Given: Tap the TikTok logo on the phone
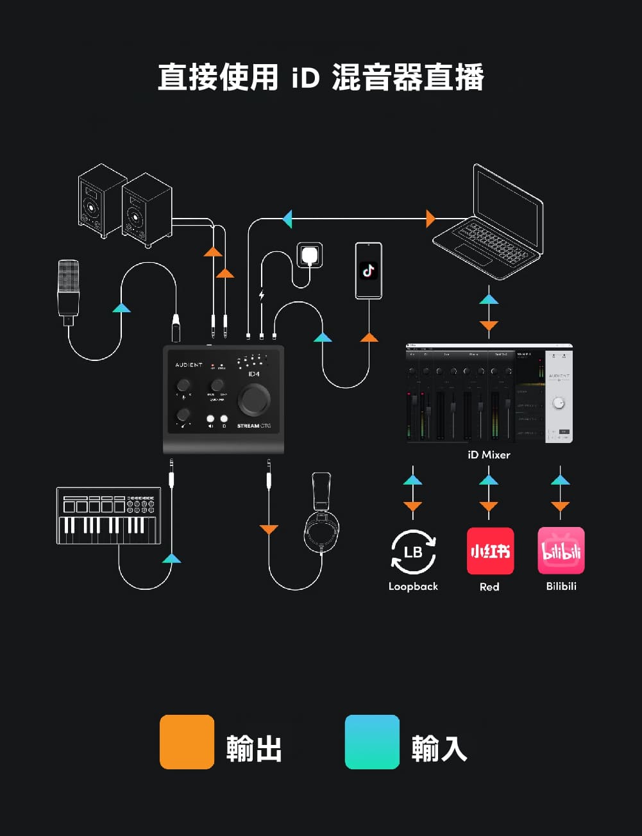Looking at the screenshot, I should tap(368, 270).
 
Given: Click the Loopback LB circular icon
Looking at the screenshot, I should tap(413, 551).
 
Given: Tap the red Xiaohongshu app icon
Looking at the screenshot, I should tap(490, 551).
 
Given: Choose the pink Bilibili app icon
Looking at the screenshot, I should tap(561, 551).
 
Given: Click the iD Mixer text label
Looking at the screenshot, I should tap(489, 455).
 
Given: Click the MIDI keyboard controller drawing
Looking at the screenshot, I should tap(108, 515).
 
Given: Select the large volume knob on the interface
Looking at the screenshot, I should tap(254, 399).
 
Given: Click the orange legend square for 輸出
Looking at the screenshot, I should tap(187, 742).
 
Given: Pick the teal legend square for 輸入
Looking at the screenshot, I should tap(372, 742).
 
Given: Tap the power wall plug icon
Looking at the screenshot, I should tap(310, 255).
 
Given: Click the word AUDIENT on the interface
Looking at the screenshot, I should tap(189, 365).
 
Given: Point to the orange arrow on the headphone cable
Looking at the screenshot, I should tap(269, 529).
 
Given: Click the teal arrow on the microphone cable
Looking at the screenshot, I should tap(121, 308).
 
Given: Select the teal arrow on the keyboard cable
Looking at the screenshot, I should tap(171, 558).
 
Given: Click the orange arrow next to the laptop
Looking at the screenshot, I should tap(430, 219).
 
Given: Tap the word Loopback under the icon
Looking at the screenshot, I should tap(413, 586).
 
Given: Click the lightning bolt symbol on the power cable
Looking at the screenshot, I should tap(261, 296).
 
